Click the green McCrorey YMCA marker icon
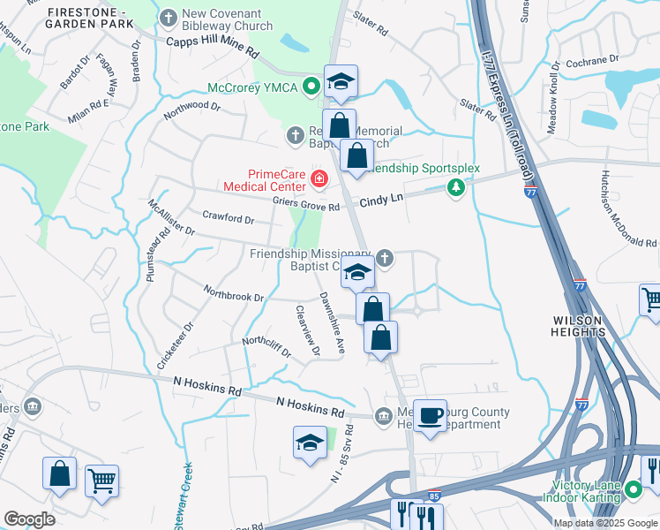pyautogui.click(x=311, y=87)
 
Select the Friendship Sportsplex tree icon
pyautogui.click(x=455, y=186)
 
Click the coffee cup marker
pyautogui.click(x=430, y=415)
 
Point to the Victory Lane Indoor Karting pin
pyautogui.click(x=634, y=488)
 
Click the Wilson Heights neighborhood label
pyautogui.click(x=579, y=325)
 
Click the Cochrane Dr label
pyautogui.click(x=589, y=62)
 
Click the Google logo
pyautogui.click(x=29, y=519)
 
